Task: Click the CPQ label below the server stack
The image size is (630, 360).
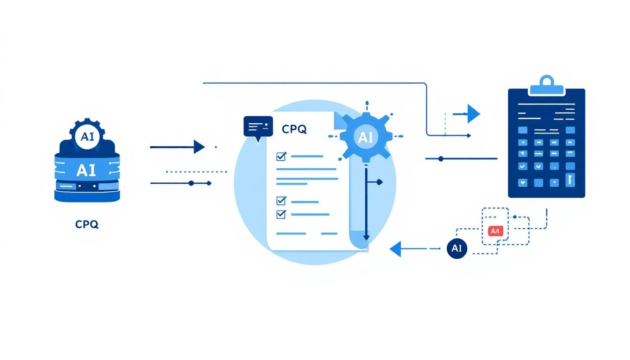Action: click(87, 225)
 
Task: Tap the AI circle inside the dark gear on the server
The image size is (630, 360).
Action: click(87, 137)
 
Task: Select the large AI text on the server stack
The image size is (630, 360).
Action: click(87, 169)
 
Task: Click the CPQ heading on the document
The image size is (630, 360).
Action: click(294, 129)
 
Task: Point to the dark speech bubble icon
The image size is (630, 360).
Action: click(257, 127)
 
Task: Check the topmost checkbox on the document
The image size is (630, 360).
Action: click(282, 156)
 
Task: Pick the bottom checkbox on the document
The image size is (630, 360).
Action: click(281, 214)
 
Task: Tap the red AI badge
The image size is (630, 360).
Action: click(495, 231)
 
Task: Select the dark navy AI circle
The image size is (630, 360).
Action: click(457, 248)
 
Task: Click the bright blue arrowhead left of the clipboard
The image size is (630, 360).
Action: click(473, 113)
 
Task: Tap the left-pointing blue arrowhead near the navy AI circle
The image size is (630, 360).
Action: click(396, 249)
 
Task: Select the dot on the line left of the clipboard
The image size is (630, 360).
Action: click(440, 159)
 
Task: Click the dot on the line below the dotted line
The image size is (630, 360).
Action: click(191, 183)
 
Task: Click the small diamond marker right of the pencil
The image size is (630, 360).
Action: click(379, 182)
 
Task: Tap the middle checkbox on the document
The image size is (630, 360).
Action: click(281, 201)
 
